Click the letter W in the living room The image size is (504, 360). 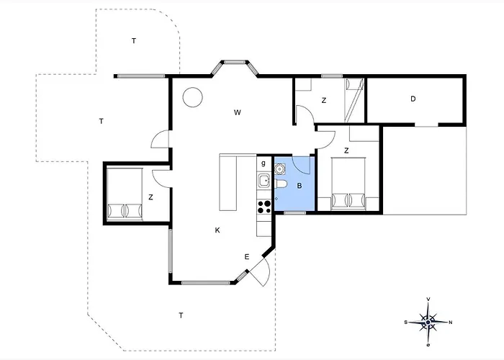click(237, 112)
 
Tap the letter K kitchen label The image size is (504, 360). click(217, 230)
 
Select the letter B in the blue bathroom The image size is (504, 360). click(300, 186)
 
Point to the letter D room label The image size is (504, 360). click(413, 99)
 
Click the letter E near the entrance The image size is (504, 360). click(246, 257)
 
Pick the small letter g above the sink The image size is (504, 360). click(264, 163)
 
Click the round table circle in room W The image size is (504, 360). click(192, 97)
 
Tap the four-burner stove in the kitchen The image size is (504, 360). click(264, 207)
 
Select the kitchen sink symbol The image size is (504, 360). click(264, 181)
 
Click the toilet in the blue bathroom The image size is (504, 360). click(280, 184)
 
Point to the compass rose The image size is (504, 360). click(428, 322)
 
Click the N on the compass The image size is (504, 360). click(450, 323)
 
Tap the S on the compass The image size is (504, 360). click(406, 322)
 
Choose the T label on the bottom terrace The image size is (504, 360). click(181, 315)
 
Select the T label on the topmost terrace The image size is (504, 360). click(134, 41)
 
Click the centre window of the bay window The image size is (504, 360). click(235, 62)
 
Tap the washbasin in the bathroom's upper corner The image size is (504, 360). click(279, 168)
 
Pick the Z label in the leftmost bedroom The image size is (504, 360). click(150, 197)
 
